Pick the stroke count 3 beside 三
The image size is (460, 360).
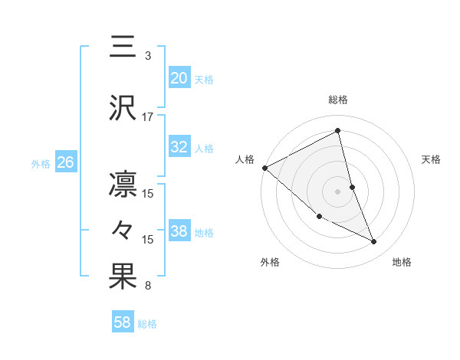point(148,56)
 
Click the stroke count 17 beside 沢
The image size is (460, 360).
point(148,117)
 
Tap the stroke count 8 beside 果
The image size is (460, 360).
point(148,286)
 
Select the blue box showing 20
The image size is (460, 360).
point(179,78)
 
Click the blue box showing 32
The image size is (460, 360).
point(179,147)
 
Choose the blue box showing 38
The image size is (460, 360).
point(179,231)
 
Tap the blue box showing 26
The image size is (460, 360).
point(65,162)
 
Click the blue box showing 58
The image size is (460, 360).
point(122,323)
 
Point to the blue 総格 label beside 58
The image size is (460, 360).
point(148,324)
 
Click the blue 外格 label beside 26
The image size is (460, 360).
point(41,163)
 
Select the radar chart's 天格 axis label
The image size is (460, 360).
point(432,159)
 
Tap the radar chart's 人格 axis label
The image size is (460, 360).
point(245,159)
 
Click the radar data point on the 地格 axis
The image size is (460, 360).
point(374,242)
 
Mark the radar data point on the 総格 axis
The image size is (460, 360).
point(338,131)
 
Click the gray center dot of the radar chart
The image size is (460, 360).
point(338,191)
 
